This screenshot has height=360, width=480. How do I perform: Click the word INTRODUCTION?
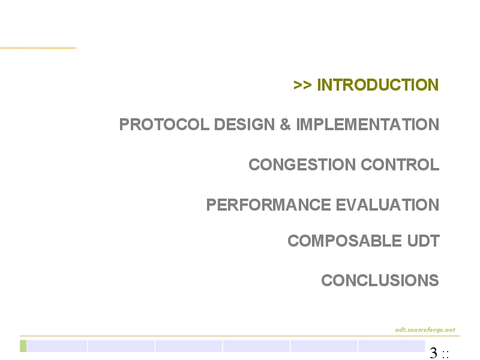pyautogui.click(x=378, y=85)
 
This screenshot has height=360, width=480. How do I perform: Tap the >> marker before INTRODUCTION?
pyautogui.click(x=302, y=85)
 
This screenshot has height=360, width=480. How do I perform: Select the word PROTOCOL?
pyautogui.click(x=164, y=125)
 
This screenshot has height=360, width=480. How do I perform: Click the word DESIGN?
pyautogui.click(x=244, y=125)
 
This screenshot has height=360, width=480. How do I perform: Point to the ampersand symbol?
pyautogui.click(x=285, y=125)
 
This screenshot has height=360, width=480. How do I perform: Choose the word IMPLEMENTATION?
pyautogui.click(x=368, y=125)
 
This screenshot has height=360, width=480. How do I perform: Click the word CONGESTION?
pyautogui.click(x=302, y=164)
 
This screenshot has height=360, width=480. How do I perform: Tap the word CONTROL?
pyautogui.click(x=400, y=164)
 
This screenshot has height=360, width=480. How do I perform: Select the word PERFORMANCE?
pyautogui.click(x=268, y=205)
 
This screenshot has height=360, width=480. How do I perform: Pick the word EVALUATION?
pyautogui.click(x=388, y=205)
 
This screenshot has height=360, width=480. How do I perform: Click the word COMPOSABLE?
pyautogui.click(x=344, y=241)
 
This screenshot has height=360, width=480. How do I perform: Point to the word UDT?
pyautogui.click(x=424, y=241)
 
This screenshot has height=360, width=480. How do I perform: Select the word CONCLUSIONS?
pyautogui.click(x=380, y=280)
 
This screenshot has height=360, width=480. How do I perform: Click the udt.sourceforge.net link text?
pyautogui.click(x=425, y=329)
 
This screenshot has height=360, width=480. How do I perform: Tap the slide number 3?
pyautogui.click(x=433, y=353)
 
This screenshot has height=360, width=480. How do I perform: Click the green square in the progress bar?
pyautogui.click(x=23, y=346)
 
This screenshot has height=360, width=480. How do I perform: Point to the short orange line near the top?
pyautogui.click(x=38, y=48)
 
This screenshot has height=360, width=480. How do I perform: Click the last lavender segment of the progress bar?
pyautogui.click(x=392, y=346)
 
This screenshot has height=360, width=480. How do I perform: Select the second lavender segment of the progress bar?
pyautogui.click(x=121, y=346)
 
